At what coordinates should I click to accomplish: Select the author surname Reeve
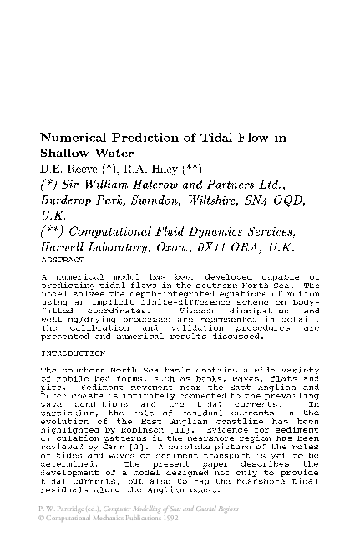tap(76, 170)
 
